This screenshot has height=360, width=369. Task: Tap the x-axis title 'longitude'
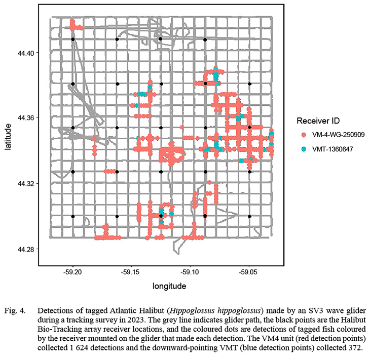coord(169,286)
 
